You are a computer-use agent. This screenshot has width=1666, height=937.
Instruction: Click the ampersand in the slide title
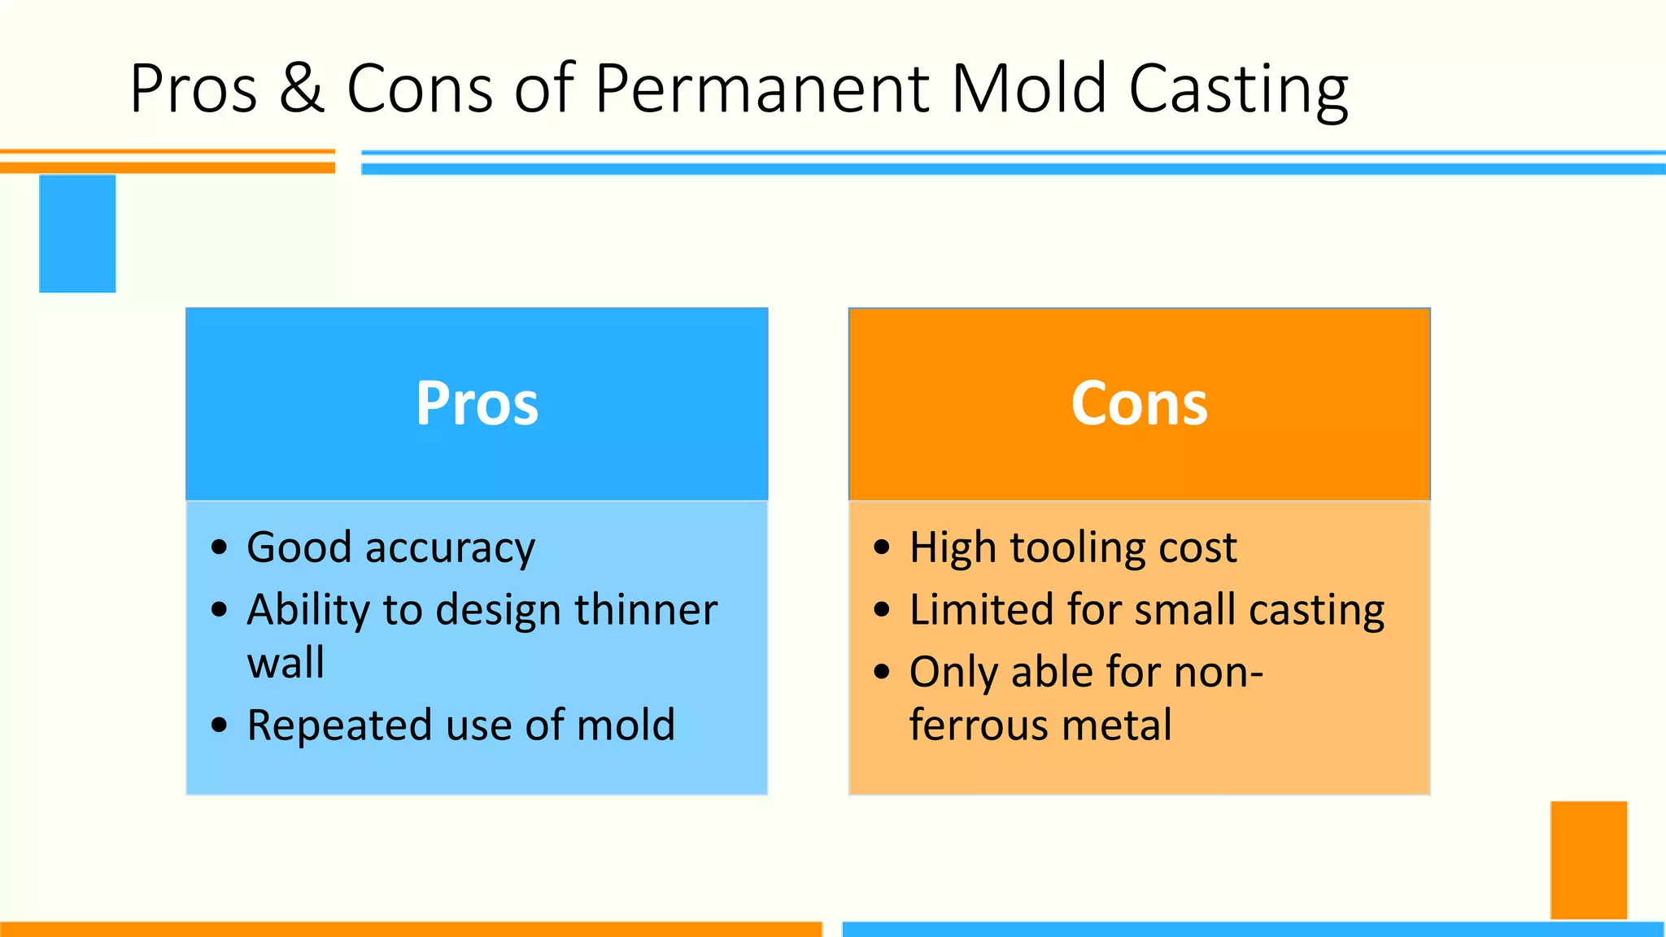[302, 88]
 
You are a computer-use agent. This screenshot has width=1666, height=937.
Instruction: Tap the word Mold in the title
[1029, 88]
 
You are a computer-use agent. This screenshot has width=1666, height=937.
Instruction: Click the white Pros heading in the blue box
[477, 403]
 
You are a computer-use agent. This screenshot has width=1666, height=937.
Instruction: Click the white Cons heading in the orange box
[1139, 403]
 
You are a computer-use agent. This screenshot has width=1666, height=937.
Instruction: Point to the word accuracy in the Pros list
[450, 548]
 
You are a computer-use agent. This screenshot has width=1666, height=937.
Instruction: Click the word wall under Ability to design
[286, 662]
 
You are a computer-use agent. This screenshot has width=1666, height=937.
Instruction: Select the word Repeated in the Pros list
[339, 725]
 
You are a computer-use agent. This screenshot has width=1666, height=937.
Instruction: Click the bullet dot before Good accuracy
[219, 547]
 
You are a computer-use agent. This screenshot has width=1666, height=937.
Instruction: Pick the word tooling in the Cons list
[1078, 548]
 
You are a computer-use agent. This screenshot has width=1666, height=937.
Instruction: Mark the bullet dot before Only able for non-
[882, 673]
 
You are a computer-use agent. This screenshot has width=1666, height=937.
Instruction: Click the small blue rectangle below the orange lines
[77, 233]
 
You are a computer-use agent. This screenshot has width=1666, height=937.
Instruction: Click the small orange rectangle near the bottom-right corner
[1588, 860]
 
